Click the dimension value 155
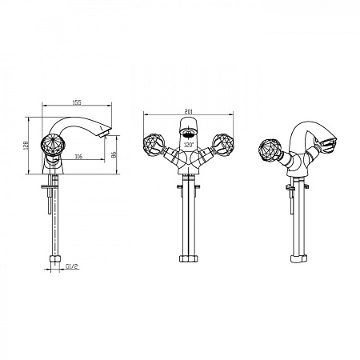click(x=77, y=102)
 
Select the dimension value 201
click(x=188, y=111)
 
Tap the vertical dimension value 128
click(x=26, y=146)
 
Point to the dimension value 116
click(x=78, y=156)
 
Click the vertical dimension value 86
click(x=114, y=154)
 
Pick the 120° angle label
click(x=189, y=146)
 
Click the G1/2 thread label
click(x=72, y=266)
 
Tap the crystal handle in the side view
click(x=51, y=144)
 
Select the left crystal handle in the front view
click(x=154, y=144)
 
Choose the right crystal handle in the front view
click(x=223, y=144)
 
